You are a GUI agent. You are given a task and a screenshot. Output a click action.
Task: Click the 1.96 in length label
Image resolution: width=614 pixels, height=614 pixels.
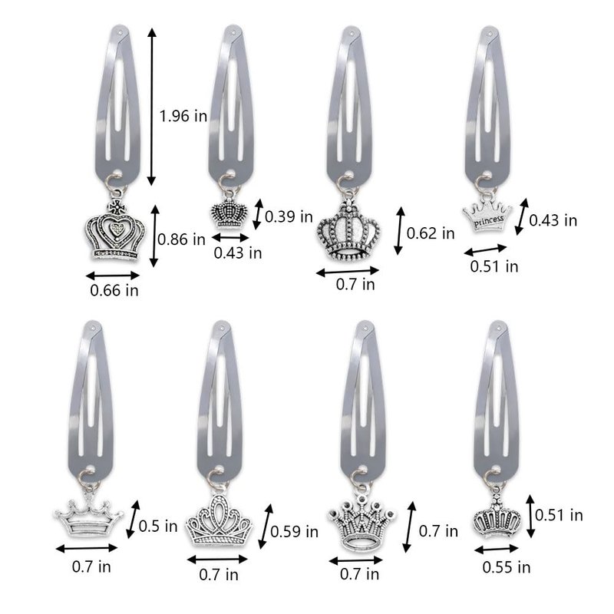pos(183,116)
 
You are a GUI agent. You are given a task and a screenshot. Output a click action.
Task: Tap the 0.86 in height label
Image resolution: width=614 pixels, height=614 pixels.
pos(181,239)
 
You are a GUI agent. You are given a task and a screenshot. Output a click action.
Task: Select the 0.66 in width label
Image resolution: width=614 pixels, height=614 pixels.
pos(114,290)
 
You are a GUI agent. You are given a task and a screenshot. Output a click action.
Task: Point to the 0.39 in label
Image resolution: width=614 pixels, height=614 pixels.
pos(289,216)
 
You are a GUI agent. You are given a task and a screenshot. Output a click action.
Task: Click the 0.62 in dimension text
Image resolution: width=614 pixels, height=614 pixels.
pos(431,233)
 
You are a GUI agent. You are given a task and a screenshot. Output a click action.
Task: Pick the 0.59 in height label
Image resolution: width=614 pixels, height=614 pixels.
pos(295,531)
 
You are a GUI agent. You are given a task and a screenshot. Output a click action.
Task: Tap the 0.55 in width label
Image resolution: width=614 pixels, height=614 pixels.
pos(507,567)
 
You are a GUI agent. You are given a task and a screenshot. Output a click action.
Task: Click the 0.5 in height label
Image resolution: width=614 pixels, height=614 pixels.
pos(158,526)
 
